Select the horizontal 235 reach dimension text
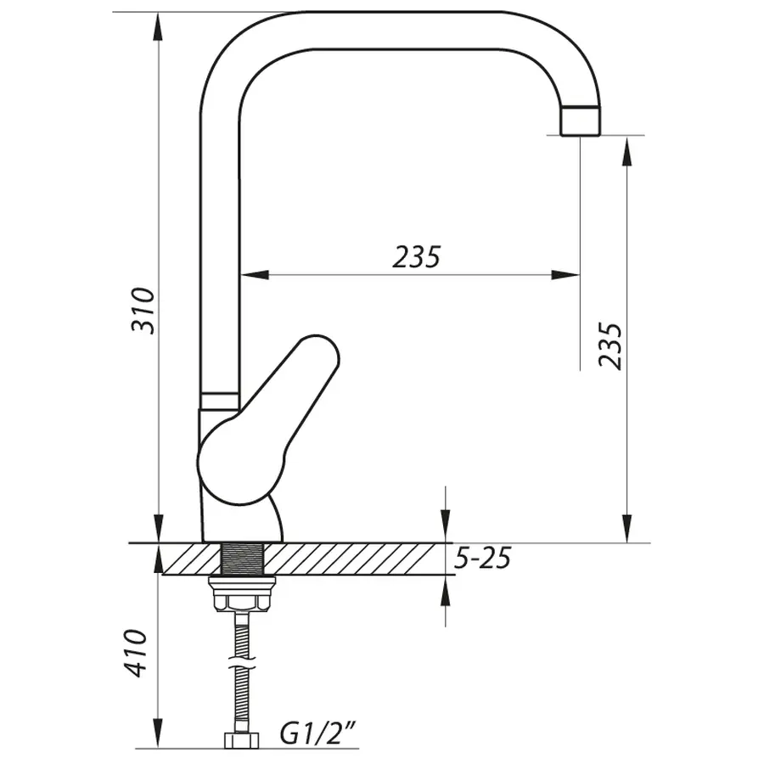coord(416,256)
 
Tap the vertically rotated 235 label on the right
coord(610,345)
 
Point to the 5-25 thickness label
coord(483,559)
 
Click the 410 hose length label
coord(136,652)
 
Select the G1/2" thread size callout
coord(317,733)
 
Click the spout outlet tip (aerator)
coord(580,121)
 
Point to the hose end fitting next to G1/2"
coord(241,739)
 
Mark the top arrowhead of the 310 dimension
coord(158,25)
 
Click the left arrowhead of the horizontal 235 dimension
coord(255,274)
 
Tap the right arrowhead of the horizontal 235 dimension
coord(566,274)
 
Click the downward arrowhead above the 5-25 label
coord(445,530)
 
